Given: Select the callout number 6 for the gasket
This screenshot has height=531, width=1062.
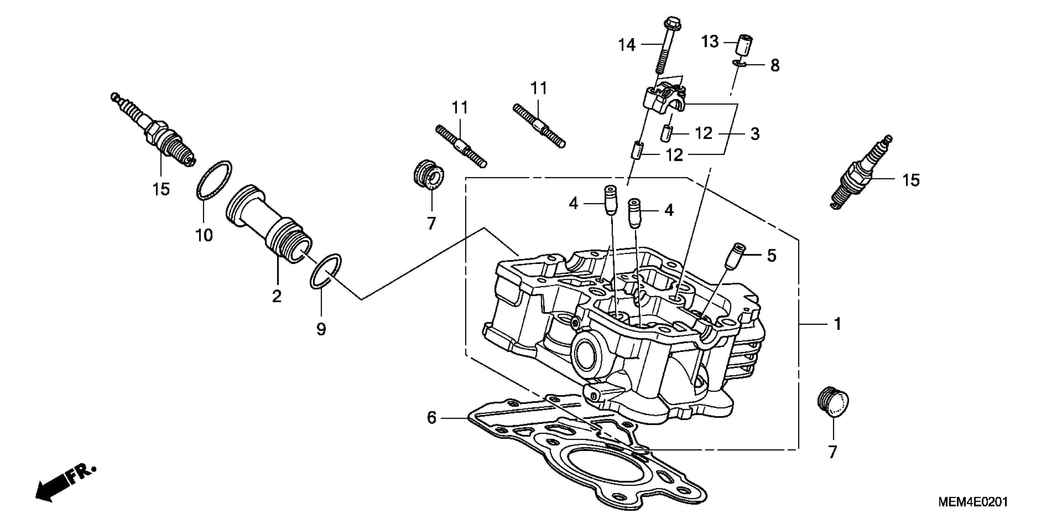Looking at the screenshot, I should [x=431, y=418].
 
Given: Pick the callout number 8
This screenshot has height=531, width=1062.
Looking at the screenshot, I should [x=775, y=66].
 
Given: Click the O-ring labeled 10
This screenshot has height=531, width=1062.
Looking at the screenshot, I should [x=213, y=180].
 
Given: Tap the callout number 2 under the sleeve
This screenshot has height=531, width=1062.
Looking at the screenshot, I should [x=277, y=296].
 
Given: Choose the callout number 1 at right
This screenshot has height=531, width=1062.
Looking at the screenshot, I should [x=837, y=324].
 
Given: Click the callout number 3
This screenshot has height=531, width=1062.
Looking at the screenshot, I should [x=755, y=134].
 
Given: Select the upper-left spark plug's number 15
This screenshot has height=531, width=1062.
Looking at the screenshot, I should [x=161, y=189].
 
